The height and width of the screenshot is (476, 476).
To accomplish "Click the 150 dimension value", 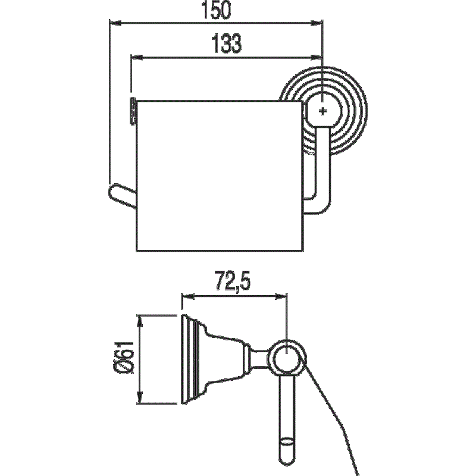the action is pos(215,11).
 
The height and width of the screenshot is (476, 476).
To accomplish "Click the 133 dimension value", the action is pos(226,43).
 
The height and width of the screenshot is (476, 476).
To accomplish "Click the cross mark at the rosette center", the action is pos(323,111).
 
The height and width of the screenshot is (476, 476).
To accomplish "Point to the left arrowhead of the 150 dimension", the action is pos(113,23).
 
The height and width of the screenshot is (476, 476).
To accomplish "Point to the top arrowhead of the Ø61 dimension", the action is pos(140,319).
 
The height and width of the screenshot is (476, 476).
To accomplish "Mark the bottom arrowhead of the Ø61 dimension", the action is pos(140,400).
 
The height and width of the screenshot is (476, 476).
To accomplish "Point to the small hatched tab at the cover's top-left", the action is pos(133,111).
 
